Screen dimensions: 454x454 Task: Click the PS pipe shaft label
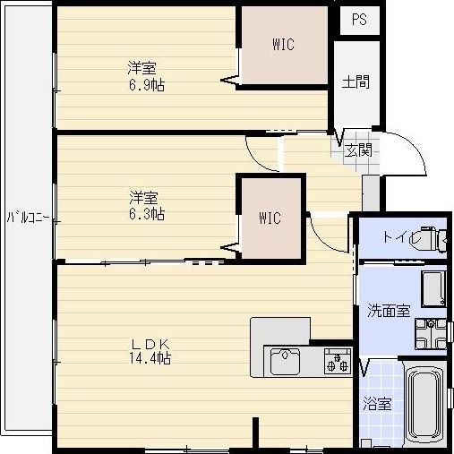[x=359, y=20]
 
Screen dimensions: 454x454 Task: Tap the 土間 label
[x=355, y=81]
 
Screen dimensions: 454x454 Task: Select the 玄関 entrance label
[x=358, y=150]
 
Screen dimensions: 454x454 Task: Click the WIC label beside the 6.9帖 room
[x=283, y=45]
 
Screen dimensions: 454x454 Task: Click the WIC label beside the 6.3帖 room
[x=270, y=218]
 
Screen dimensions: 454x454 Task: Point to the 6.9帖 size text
[x=147, y=85]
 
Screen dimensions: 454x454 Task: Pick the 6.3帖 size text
[x=147, y=214]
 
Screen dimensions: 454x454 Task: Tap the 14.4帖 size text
[x=150, y=357]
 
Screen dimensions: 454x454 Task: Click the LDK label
[x=150, y=345]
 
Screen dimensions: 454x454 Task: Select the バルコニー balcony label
[x=29, y=218]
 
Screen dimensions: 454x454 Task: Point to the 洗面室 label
[x=389, y=311]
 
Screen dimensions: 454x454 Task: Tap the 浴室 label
[x=377, y=405]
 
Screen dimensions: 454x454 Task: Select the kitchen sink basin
[x=285, y=362]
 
